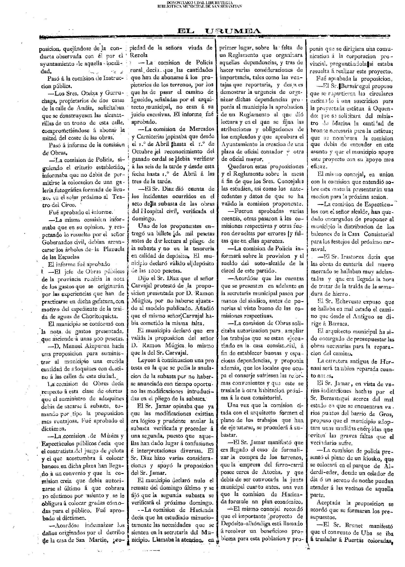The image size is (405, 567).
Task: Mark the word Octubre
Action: pyautogui.click(x=142, y=151)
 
